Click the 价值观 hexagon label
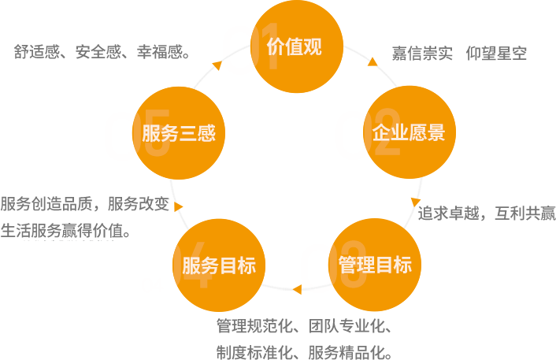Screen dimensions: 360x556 [294, 46]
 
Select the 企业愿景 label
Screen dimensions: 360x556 [409, 132]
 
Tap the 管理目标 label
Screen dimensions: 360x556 [375, 265]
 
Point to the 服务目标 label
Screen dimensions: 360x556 [219, 265]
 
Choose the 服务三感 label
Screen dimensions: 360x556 [179, 132]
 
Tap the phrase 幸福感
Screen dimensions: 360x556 [162, 53]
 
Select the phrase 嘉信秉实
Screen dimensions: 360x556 [422, 54]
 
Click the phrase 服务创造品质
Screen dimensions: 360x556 [47, 203]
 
